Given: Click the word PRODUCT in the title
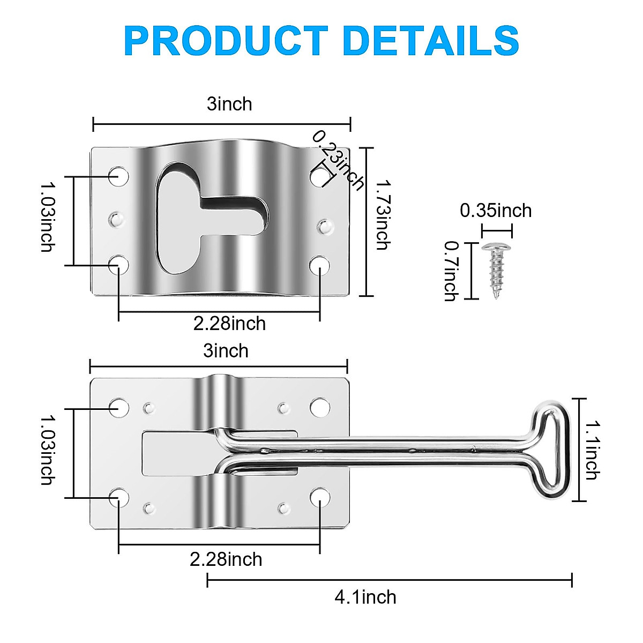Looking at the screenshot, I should pos(225,41).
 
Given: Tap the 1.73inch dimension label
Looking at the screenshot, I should pos(381,215).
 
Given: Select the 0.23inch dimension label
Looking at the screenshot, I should pos(338,160).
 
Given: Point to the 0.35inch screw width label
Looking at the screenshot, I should pos(496,211).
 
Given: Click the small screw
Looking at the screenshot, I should pos(497,268).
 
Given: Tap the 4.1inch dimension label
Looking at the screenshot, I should pos(365,597).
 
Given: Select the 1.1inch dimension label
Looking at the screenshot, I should pos(591,450).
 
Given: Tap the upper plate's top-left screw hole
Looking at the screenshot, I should pos(118,176).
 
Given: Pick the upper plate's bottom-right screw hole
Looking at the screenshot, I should pos(320,265).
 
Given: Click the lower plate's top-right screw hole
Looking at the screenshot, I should pos(320,408).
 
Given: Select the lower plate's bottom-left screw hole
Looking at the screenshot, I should pos(118,497).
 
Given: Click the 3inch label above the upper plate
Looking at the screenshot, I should pos(229,104).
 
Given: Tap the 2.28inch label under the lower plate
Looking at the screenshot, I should pos(226,559).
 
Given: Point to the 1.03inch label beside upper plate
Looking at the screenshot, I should pos(48,216).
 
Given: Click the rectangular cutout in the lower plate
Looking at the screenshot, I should pos(171,453).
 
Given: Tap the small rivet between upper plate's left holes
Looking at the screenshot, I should pos(117,219).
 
